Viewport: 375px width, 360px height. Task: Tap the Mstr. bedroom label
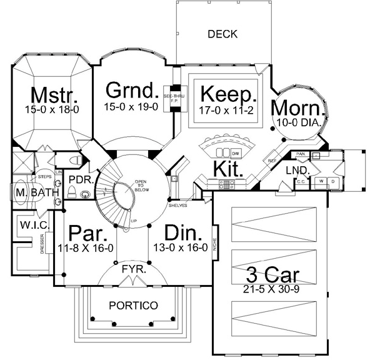[54, 96]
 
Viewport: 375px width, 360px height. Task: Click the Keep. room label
[229, 96]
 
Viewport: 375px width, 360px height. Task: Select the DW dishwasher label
[235, 153]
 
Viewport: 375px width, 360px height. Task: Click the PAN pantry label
[301, 153]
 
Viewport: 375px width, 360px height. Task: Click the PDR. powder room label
[80, 180]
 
